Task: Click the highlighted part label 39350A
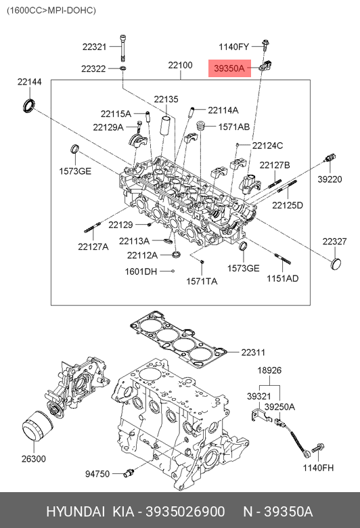coord(229,68)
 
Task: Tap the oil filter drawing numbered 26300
coord(37,426)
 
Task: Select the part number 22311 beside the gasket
coord(253,352)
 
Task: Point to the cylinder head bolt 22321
coord(124,48)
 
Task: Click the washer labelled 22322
coord(123,68)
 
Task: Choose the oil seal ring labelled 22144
coord(28,105)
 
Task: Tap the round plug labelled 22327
coord(336,264)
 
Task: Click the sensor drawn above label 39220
coord(330,158)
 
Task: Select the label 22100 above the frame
coord(180,65)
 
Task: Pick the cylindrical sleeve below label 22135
coord(166,125)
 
